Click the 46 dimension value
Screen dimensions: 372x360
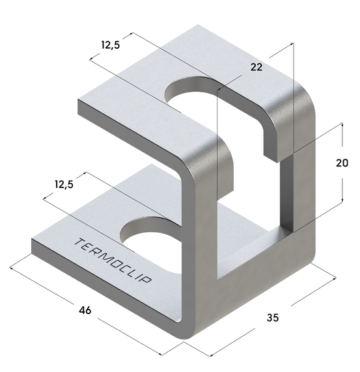pos(85,310)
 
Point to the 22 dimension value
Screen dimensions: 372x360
pos(257,67)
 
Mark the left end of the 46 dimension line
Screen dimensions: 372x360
pos(11,265)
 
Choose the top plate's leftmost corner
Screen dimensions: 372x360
pos(78,102)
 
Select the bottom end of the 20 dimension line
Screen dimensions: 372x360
pos(342,204)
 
